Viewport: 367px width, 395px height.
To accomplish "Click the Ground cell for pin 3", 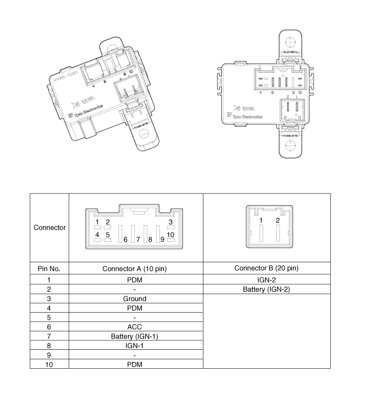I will click(136, 298).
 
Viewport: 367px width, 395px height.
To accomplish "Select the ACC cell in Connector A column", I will click(136, 327).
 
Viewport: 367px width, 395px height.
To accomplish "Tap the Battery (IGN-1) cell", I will click(136, 336).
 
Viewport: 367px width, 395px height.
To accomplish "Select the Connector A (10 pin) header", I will click(136, 269).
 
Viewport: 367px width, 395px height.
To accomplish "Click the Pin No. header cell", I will click(49, 269).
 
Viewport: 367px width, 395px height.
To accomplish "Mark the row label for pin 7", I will click(49, 336).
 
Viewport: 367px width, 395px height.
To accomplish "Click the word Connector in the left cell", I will click(49, 228).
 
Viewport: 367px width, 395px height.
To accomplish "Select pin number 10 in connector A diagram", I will click(170, 234).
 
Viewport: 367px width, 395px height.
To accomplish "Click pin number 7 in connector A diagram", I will click(138, 239).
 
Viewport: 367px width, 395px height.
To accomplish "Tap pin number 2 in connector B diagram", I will click(278, 220).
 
